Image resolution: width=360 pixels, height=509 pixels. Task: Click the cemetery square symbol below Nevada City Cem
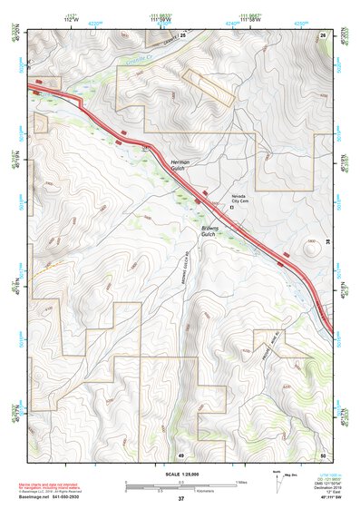[232, 207]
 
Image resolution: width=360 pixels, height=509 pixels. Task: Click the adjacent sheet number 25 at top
[182, 34]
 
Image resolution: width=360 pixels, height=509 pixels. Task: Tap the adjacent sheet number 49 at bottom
[181, 454]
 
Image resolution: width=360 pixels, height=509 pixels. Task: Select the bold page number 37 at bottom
[180, 498]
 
